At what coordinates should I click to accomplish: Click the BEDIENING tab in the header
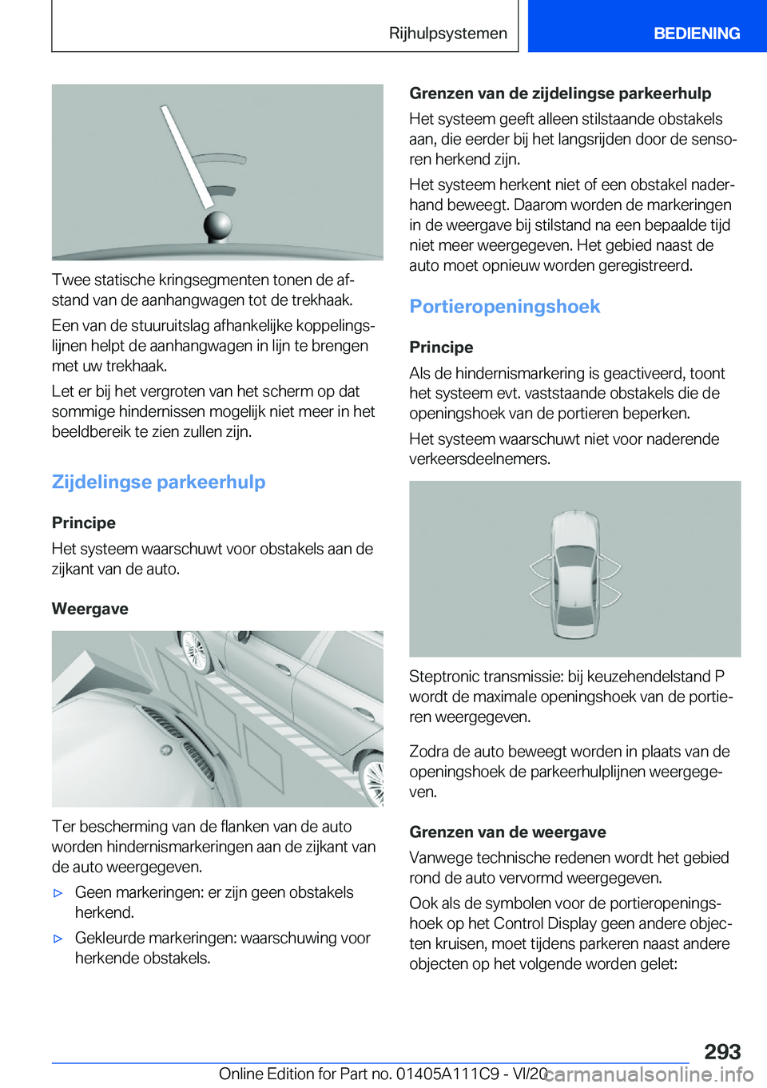(x=696, y=34)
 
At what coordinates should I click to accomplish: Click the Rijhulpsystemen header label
(x=447, y=34)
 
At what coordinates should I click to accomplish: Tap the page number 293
(x=722, y=1051)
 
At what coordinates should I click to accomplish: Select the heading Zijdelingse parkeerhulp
(x=158, y=482)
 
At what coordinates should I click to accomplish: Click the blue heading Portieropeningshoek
(x=504, y=307)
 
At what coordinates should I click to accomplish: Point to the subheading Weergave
(x=89, y=609)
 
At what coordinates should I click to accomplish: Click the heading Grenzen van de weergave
(x=507, y=832)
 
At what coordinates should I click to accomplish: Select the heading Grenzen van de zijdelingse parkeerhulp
(x=560, y=93)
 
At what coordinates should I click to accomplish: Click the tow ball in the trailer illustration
(x=217, y=225)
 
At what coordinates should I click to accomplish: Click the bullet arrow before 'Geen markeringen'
(x=58, y=893)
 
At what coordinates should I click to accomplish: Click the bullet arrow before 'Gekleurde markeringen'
(x=58, y=939)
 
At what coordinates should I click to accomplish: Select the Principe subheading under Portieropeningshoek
(x=441, y=347)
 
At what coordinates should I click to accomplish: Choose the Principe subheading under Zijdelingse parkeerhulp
(x=84, y=523)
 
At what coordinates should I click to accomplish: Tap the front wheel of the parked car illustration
(x=194, y=650)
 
